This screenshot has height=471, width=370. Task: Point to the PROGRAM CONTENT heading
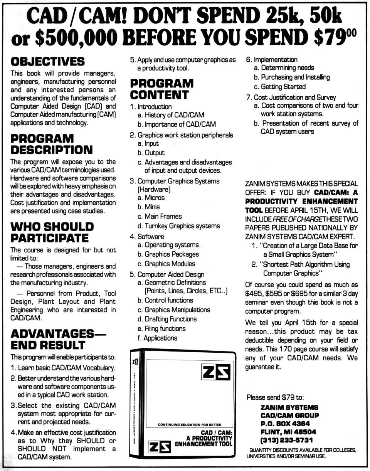tap(161, 89)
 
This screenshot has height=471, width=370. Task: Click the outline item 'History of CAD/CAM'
tap(174, 115)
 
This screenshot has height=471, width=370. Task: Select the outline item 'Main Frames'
tap(163, 216)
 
